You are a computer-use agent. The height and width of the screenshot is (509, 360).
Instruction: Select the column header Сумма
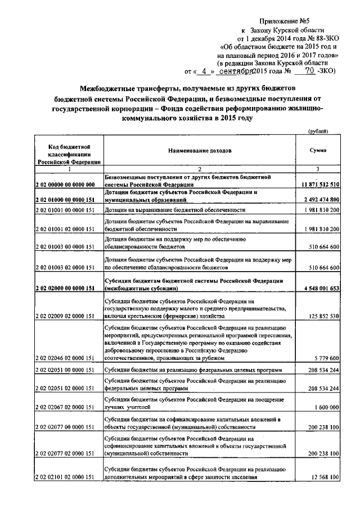(x=318, y=151)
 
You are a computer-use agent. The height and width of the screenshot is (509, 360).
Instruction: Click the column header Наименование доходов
(x=199, y=151)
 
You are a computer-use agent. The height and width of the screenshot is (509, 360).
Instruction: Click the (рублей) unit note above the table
(x=319, y=130)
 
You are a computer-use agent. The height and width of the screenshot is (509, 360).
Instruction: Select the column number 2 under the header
(x=199, y=169)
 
